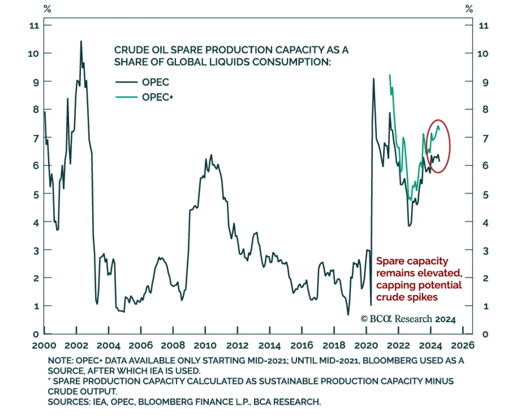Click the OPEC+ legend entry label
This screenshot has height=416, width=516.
(x=157, y=97)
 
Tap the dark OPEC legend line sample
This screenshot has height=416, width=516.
(x=126, y=82)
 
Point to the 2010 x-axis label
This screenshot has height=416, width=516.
(x=205, y=345)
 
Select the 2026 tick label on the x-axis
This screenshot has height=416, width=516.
(x=462, y=345)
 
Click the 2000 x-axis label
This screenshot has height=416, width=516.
(x=44, y=345)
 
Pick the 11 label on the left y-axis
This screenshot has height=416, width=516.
(x=34, y=26)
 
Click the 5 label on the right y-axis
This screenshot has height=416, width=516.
(x=485, y=195)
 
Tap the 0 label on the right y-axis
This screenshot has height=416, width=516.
(x=485, y=334)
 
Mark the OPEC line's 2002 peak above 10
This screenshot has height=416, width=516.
(x=81, y=41)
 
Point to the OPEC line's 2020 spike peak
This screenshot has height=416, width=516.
(x=373, y=78)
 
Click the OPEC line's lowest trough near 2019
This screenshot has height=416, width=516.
(x=348, y=314)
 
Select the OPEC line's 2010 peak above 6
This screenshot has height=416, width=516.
(x=211, y=155)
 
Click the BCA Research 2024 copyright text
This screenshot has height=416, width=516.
(x=408, y=319)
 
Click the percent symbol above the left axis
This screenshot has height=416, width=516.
(x=47, y=9)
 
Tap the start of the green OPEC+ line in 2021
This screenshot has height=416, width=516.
(x=390, y=75)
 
